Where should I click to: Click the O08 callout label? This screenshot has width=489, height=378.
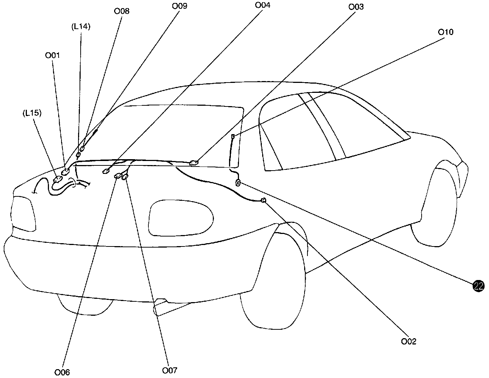coord(122,11)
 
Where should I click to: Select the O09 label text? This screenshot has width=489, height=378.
coord(180,6)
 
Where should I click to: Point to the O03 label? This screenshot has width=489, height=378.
coord(356,7)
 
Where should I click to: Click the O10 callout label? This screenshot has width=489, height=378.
coord(446,32)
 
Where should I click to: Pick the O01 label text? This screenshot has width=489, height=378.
coord(53,55)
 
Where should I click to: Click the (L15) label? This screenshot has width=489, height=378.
coord(32,113)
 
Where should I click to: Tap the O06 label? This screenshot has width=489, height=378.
coord(62,372)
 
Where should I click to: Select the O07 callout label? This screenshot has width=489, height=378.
coord(170,370)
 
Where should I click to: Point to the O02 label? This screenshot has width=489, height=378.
coord(409,342)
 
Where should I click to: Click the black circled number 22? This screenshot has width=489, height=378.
coord(478,286)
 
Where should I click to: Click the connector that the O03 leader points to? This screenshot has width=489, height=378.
coord(194,162)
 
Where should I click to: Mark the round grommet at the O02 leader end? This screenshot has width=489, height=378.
coord(263,200)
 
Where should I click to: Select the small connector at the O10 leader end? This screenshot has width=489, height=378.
coord(233,137)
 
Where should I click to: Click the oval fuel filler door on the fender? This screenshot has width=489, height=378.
coord(181,218)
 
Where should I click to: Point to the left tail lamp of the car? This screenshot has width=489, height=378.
coord(25,213)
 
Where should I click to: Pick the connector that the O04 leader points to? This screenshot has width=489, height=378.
coord(106,171)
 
